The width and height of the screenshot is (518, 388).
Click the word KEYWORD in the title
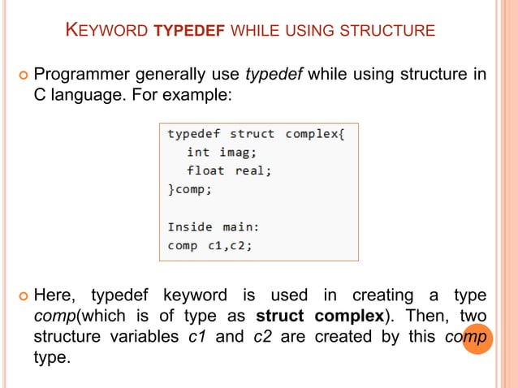[x=106, y=32]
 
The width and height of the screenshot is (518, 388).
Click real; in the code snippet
[x=253, y=170]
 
